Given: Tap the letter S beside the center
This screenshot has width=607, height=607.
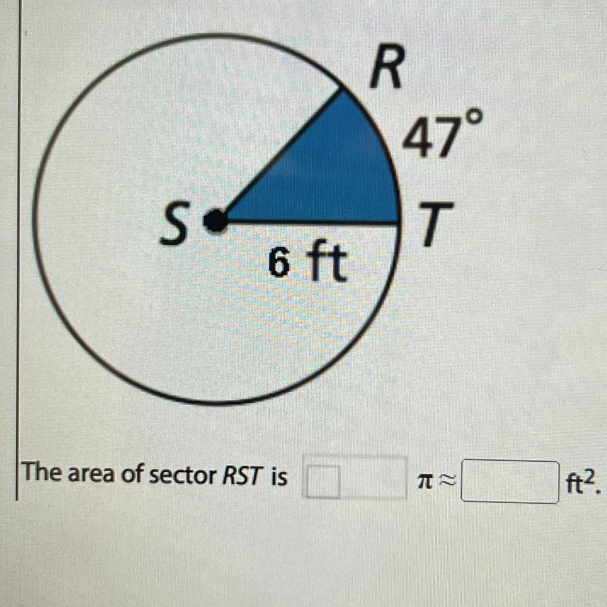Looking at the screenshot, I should [x=173, y=228].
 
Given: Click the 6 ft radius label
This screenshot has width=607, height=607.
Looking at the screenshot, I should [x=306, y=264].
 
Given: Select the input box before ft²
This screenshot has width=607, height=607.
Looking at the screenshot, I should [x=510, y=482].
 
